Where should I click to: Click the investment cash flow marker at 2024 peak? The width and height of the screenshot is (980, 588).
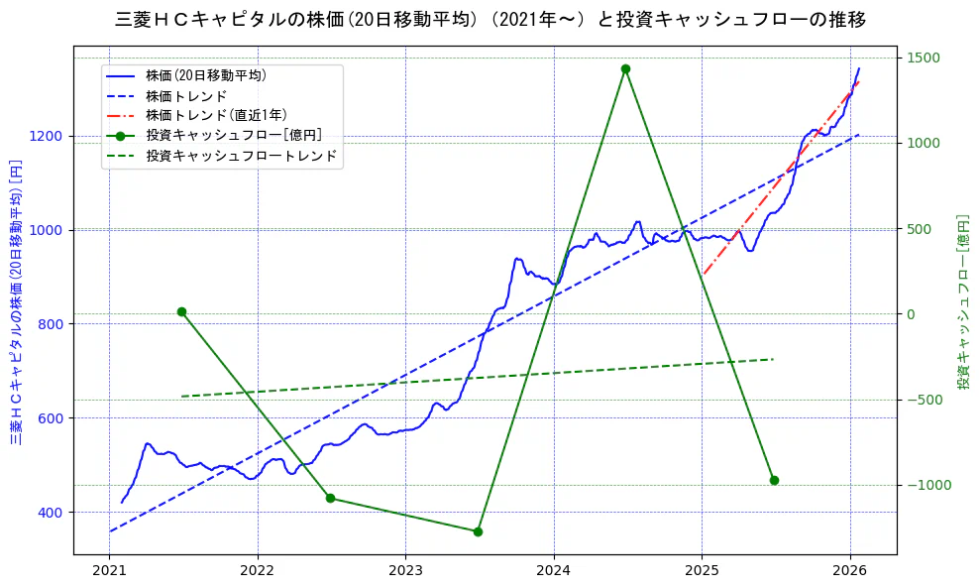pos(625,68)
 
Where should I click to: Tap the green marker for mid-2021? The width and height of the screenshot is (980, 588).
pos(181,311)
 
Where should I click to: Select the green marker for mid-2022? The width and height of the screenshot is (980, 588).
pos(330,498)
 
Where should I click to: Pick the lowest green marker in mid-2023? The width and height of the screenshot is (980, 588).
pos(478,531)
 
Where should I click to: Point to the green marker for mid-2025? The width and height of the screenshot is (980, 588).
pos(774,480)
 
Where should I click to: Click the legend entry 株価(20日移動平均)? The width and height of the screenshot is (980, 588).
pos(205,75)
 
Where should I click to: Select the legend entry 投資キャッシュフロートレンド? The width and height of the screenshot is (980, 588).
pos(241,156)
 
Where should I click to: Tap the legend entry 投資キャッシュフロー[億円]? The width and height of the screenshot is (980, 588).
pos(233,135)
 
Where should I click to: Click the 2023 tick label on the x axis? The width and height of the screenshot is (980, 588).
pos(405,571)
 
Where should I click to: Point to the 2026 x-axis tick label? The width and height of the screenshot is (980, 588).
pos(850,571)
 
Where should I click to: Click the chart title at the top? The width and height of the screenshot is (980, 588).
pos(490,20)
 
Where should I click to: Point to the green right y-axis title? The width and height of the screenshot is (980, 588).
pos(962,301)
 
